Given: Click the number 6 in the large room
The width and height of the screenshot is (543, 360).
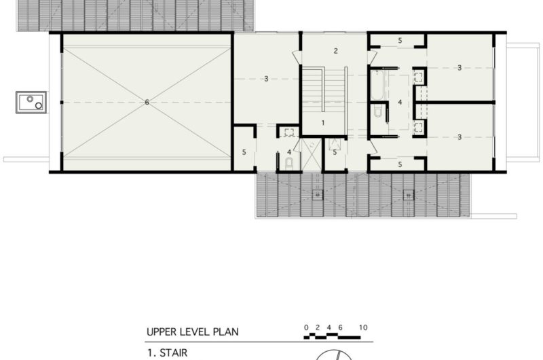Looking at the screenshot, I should point(147,103).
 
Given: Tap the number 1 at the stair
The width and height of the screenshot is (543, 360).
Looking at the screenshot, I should point(323,122).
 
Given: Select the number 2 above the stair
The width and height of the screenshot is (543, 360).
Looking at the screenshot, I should point(335,51).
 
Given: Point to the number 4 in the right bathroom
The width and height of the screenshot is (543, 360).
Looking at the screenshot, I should point(400,103).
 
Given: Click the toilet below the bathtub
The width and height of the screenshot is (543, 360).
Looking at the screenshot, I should point(377,113).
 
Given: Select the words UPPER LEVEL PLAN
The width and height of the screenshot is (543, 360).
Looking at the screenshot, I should point(192,332).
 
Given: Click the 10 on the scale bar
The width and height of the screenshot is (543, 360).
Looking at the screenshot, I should point(364,327).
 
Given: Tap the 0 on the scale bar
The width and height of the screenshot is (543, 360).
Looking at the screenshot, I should point(306,327).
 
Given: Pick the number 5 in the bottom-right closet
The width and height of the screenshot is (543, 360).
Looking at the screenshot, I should point(400,164).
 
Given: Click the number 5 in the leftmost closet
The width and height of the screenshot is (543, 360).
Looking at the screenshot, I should point(244,152).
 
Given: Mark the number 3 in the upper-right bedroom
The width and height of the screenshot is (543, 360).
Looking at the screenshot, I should point(460,68).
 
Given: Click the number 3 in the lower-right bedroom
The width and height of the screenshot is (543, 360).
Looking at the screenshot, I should point(460,137).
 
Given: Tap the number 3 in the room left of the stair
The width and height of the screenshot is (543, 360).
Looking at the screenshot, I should point(266,79).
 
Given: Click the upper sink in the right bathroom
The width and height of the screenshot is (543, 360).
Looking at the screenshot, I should point(418,76).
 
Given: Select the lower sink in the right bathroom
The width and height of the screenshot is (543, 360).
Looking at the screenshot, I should point(418,126).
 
